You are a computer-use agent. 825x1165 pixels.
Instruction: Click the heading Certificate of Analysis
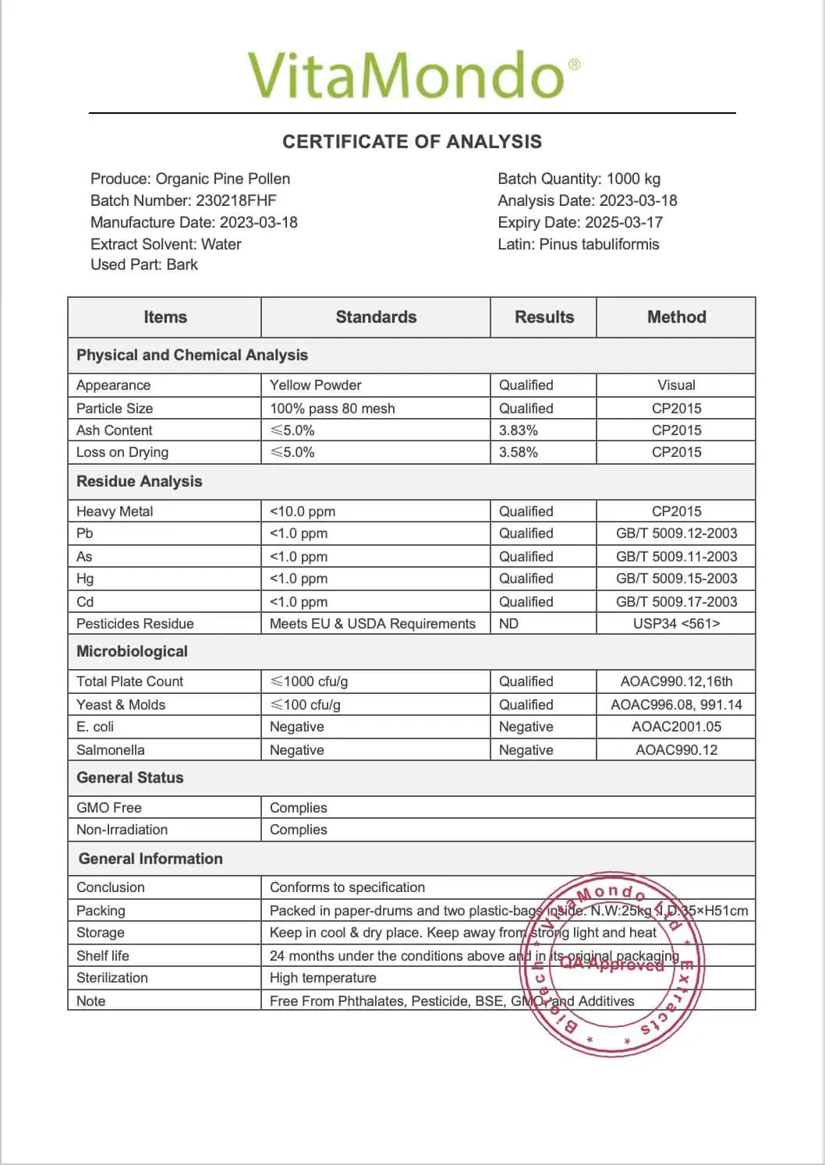pos(412,142)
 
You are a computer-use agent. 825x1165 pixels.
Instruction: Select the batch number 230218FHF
pos(236,200)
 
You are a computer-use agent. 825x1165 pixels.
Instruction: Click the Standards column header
pos(376,317)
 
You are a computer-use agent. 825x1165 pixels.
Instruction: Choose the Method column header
pos(676,317)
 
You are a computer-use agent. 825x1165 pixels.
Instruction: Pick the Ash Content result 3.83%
pos(519,430)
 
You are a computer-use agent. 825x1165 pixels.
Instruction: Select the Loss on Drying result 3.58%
pos(519,452)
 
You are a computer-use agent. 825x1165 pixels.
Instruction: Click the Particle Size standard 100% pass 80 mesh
pos(332,409)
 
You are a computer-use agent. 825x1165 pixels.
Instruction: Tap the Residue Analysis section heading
pos(140,482)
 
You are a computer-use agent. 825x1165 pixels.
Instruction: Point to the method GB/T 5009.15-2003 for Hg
pos(676,579)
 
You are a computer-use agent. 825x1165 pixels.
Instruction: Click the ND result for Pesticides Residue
pos(508,624)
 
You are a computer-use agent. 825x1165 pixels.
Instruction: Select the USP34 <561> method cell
pos(676,624)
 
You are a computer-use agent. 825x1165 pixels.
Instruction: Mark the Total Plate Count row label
pos(129,682)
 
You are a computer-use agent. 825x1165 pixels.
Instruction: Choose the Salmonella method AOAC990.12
pos(676,750)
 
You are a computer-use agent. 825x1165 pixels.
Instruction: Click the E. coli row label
pos(95,727)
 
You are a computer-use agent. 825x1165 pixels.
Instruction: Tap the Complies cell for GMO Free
pos(299,808)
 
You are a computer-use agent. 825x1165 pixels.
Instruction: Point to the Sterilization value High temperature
pos(323,978)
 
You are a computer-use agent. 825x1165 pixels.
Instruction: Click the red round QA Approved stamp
pos(612,964)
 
